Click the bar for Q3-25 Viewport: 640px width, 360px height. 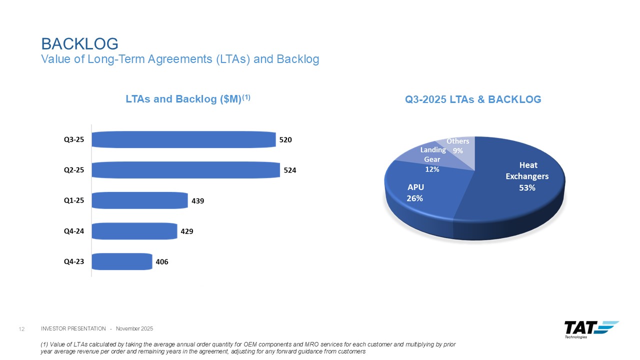183,139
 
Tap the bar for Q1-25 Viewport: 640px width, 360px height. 139,200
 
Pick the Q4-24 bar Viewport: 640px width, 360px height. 134,231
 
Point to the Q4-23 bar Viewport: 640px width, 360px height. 122,261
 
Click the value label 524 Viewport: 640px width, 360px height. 290,170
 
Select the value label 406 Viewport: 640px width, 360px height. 162,261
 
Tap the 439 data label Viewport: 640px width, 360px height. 198,200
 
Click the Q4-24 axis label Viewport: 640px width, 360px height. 73,231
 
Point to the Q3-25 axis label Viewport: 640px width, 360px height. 73,139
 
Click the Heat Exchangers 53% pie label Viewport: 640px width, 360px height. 527,176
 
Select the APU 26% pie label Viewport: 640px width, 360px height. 415,192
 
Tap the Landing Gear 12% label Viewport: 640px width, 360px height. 432,159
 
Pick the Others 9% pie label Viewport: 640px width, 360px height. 457,145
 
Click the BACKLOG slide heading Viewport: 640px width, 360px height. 79,43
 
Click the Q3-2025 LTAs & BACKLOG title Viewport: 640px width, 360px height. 473,99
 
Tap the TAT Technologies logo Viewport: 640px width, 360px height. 590,329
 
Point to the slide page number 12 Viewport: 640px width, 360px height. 21,328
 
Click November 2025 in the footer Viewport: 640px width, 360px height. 134,328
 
